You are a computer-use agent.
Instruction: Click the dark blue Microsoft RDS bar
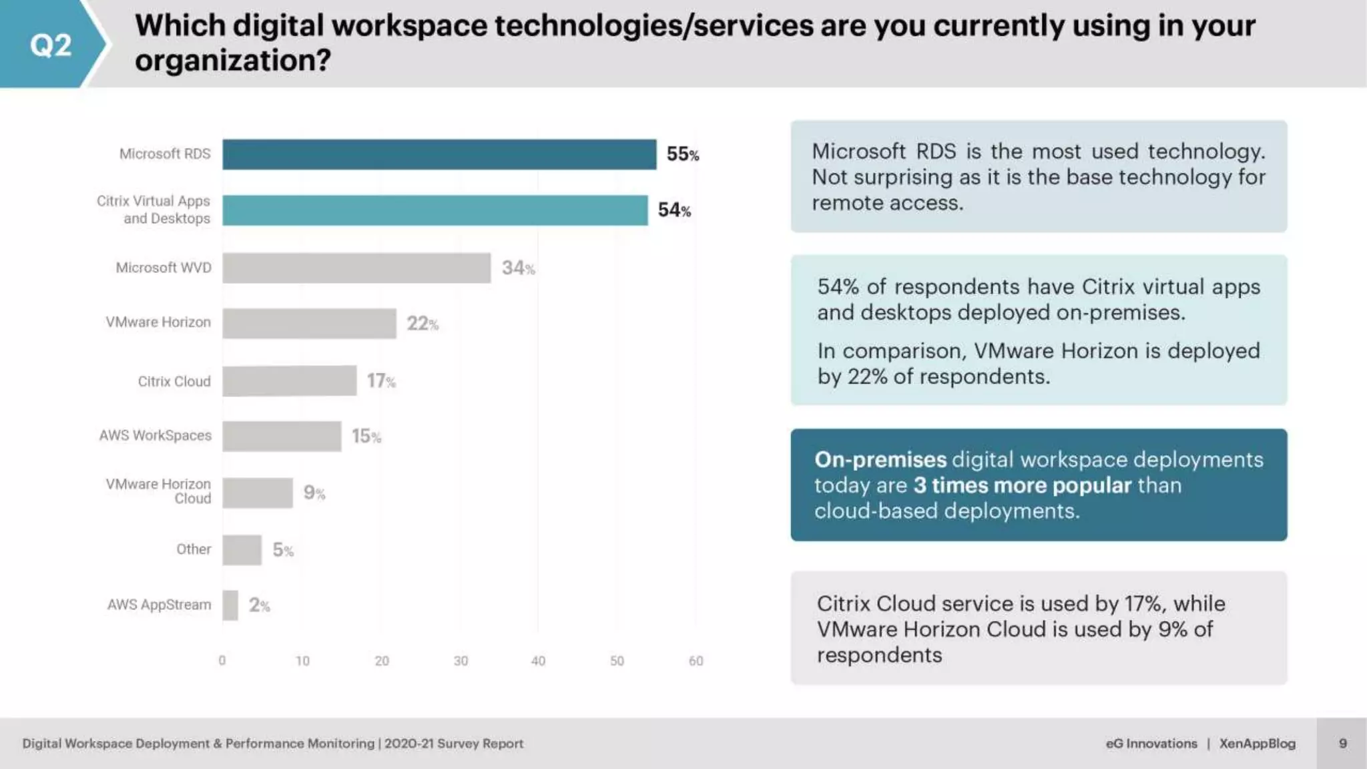point(439,154)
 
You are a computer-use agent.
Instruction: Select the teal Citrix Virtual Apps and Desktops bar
point(435,210)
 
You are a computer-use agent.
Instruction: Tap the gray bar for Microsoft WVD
point(356,268)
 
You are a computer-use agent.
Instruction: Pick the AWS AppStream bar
point(230,605)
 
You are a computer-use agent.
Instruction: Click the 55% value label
point(682,154)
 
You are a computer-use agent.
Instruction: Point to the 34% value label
point(518,268)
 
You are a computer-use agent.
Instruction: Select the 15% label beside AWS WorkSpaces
point(366,437)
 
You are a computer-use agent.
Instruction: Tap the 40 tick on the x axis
point(538,661)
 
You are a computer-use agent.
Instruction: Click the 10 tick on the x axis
point(302,661)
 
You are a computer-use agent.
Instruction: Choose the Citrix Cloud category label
point(174,381)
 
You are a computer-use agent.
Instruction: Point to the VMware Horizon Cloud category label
point(158,491)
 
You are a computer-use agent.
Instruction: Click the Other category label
point(194,549)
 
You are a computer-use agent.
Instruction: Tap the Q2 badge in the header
point(50,45)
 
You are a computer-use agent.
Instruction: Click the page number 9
point(1343,744)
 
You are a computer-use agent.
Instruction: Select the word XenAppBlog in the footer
point(1257,744)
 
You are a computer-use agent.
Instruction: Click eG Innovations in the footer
point(1151,744)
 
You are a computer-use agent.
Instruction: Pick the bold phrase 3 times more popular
point(1023,485)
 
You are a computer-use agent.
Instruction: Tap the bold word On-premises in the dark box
point(880,460)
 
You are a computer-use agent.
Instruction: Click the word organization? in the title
point(233,61)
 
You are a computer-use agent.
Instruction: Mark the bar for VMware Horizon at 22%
point(309,324)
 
